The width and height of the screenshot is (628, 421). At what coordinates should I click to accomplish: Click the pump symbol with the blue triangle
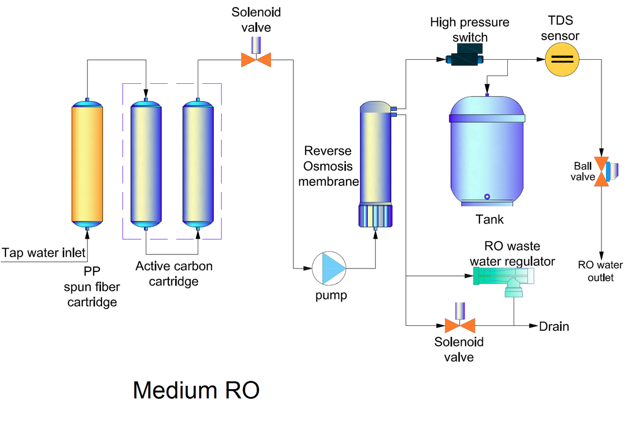(x=329, y=268)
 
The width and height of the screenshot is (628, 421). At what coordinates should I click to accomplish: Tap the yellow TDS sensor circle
(x=562, y=59)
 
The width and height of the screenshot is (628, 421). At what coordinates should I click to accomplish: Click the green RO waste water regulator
(x=503, y=279)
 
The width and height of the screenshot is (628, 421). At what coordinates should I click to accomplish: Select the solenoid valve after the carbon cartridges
(x=256, y=58)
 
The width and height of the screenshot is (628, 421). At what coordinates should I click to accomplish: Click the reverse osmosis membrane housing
(x=376, y=157)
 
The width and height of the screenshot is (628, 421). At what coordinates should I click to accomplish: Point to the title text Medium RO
(x=196, y=390)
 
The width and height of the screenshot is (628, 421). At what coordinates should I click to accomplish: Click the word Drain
(x=554, y=326)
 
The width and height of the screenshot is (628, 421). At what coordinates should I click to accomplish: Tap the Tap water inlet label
(x=43, y=253)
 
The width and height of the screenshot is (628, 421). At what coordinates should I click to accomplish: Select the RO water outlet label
(x=600, y=272)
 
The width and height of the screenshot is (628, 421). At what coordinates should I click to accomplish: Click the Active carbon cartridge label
(x=174, y=273)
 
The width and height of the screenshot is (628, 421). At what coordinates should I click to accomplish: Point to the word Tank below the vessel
(x=489, y=219)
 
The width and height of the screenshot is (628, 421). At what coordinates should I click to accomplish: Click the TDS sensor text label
(x=563, y=29)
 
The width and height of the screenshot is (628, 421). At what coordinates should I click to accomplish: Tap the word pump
(x=331, y=296)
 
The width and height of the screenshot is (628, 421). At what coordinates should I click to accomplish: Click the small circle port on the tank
(x=487, y=197)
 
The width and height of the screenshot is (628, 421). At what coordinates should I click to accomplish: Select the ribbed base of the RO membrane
(x=376, y=216)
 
